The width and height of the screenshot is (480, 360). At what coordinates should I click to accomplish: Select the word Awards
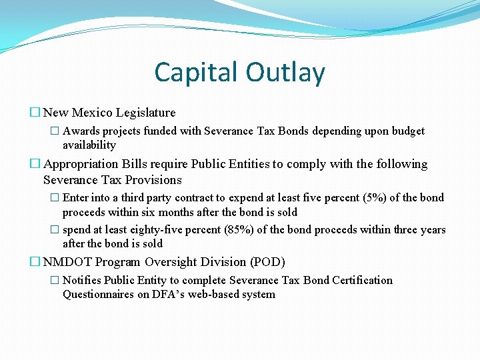click(x=81, y=131)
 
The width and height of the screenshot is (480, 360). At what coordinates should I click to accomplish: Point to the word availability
click(x=89, y=145)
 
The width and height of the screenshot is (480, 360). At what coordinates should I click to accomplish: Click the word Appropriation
click(x=81, y=164)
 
